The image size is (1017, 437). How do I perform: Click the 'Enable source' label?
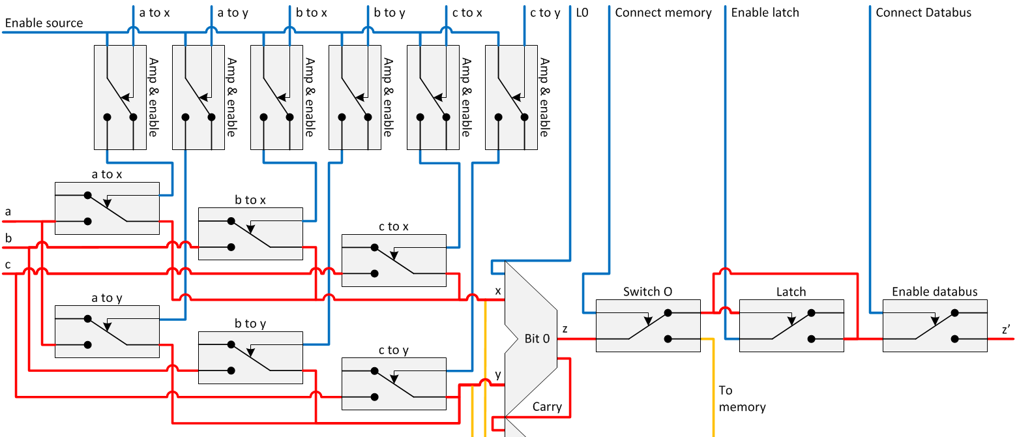click(44, 23)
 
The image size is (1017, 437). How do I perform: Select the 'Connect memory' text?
click(663, 12)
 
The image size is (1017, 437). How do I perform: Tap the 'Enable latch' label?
click(765, 12)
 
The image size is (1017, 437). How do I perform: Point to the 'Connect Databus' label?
click(923, 12)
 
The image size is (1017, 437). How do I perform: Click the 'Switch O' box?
click(648, 325)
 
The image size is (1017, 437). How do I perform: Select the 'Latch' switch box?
click(791, 325)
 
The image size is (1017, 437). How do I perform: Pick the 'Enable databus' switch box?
click(935, 325)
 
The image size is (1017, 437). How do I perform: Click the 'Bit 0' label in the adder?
click(537, 339)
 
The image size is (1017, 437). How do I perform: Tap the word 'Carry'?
click(547, 407)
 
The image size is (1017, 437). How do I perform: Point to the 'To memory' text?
click(741, 399)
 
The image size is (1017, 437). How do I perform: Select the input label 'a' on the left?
click(8, 212)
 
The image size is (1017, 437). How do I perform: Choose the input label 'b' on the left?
click(8, 238)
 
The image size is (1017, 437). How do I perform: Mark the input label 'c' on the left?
click(8, 264)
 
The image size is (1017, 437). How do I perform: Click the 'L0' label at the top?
click(582, 12)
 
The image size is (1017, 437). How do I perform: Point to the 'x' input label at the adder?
click(498, 291)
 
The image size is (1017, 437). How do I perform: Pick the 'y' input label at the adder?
click(498, 375)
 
